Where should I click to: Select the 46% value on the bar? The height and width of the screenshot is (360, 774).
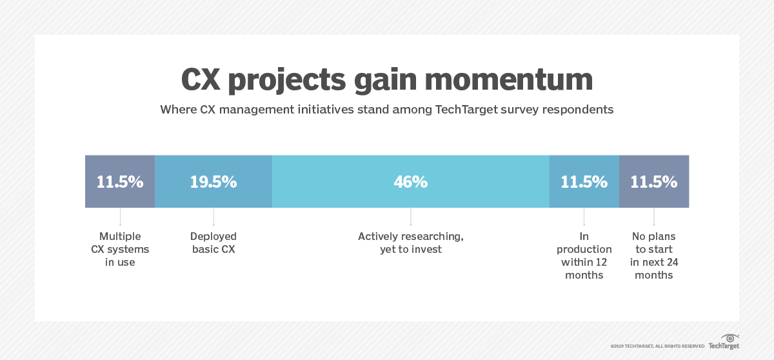[x=411, y=182]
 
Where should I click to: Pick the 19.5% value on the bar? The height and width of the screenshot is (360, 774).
[x=213, y=182]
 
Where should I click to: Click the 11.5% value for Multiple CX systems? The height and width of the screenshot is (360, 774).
[x=120, y=182]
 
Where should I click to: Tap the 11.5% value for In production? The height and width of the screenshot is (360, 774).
[x=584, y=182]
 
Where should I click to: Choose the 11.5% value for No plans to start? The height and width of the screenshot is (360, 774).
[x=654, y=182]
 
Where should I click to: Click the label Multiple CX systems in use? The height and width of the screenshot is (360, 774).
[x=120, y=249]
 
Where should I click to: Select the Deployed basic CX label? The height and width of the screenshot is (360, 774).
[x=213, y=243]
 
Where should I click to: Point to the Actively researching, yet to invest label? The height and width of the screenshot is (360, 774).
[x=411, y=243]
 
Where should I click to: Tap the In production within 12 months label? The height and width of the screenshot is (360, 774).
[x=584, y=255]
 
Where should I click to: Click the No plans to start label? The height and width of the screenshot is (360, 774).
[x=654, y=255]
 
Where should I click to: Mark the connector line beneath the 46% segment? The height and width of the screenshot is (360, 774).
[x=411, y=217]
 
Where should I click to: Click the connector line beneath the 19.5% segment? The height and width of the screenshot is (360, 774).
[x=213, y=217]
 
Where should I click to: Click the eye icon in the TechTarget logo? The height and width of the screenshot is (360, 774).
[x=729, y=337]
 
